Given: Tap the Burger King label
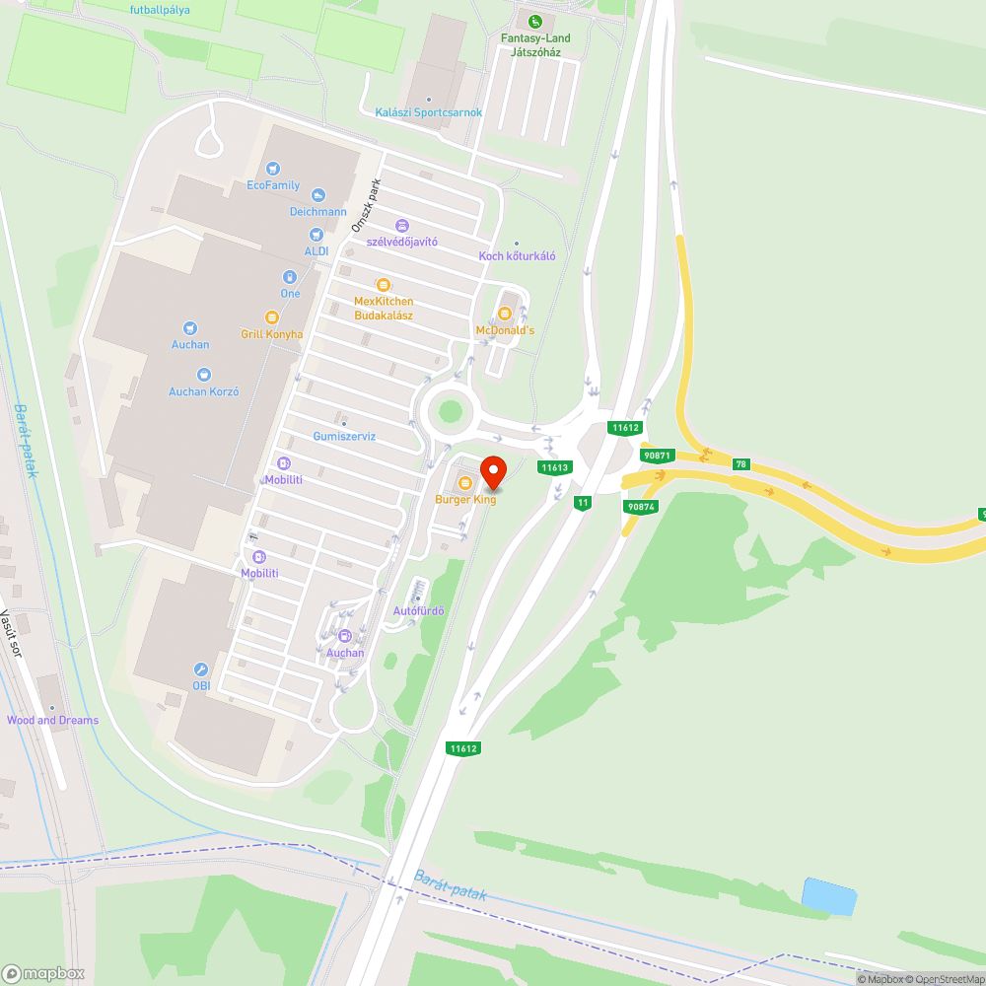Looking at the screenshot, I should pos(465,500).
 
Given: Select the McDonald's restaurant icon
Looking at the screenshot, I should pos(505,314).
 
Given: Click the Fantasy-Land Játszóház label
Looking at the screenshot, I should pos(534,45).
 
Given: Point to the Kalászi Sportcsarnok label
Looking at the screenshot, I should pos(429,112).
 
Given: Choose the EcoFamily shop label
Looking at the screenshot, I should pos(273,184).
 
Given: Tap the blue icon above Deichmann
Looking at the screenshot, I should pos(317,195).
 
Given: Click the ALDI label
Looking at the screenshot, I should pos(317,250).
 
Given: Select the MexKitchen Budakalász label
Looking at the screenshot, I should pos(384,308).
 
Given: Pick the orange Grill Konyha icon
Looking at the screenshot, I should pos(272,317).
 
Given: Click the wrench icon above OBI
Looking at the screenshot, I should pos(201,669).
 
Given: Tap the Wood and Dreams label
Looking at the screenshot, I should pos(52,720).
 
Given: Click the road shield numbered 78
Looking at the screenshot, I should pos(740,463).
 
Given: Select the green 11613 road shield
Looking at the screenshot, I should pos(555,467).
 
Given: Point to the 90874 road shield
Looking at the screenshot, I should pos(640,506).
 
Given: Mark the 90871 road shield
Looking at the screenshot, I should pos(656,456).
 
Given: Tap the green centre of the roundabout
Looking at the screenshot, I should pos(451,411).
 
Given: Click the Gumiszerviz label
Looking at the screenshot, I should pos(344,436).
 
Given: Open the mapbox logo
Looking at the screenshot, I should pos(44,972).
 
